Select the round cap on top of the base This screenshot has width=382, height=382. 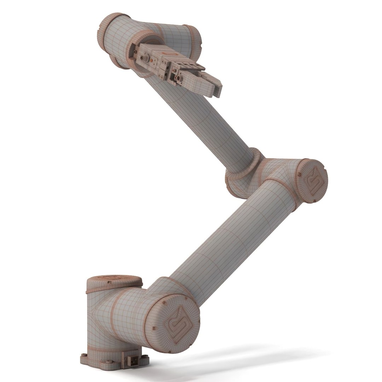[x=114, y=279]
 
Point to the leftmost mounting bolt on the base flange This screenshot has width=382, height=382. [x=83, y=355]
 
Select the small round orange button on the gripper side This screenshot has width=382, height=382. [x=176, y=70]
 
